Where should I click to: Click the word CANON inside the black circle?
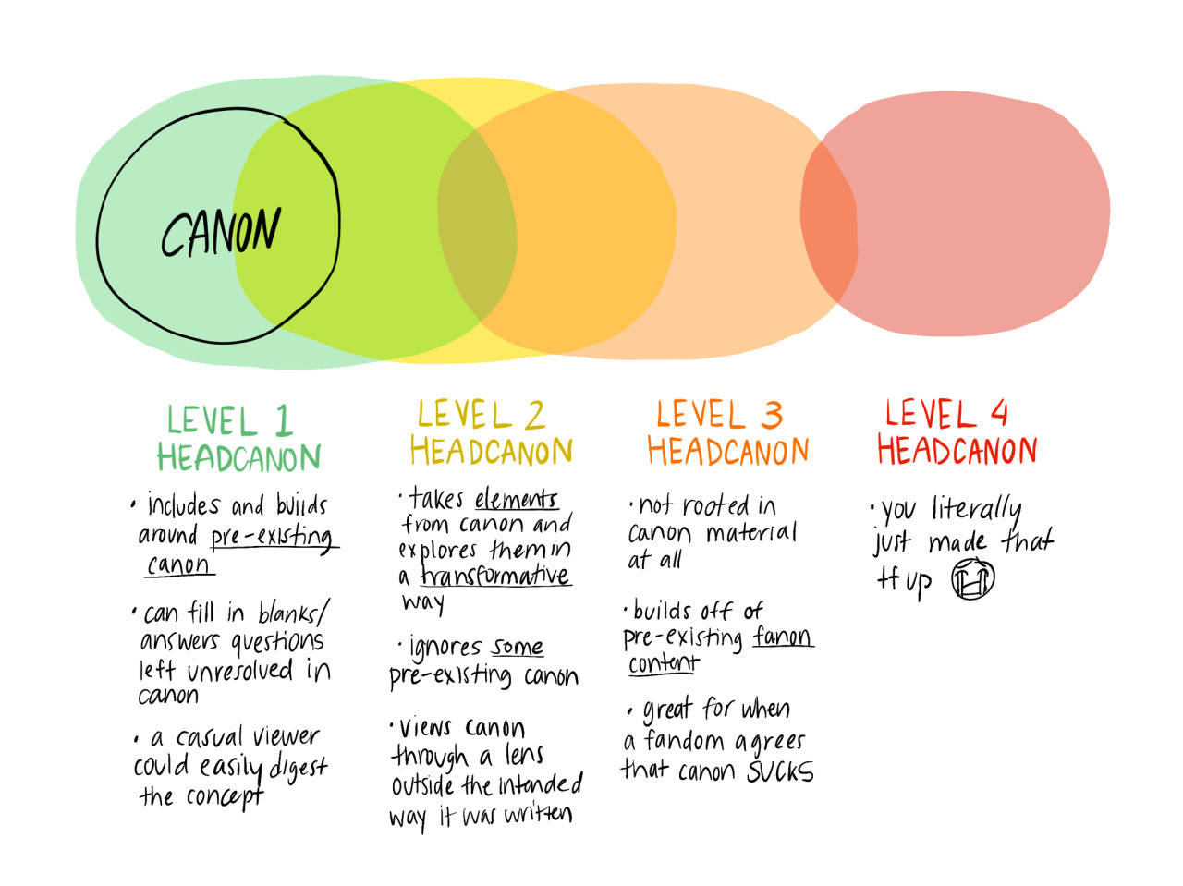tap(220, 232)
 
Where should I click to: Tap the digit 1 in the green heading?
tap(283, 421)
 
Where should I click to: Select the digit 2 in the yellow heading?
tap(533, 416)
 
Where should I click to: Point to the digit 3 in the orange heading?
tap(772, 415)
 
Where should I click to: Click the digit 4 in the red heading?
tap(999, 412)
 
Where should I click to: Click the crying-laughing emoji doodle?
tap(972, 580)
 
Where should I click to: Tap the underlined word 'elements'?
tap(516, 500)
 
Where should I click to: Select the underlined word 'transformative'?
tap(495, 576)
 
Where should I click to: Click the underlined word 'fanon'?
tap(782, 637)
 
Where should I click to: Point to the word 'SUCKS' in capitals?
tap(780, 771)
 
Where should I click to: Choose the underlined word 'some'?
tap(517, 647)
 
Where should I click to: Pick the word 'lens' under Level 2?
tap(523, 755)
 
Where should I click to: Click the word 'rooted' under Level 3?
tap(716, 505)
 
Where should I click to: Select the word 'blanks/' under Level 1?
tap(293, 613)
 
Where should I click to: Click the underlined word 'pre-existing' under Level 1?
tap(271, 537)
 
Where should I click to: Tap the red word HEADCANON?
tap(957, 451)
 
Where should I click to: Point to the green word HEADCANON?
tap(238, 457)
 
